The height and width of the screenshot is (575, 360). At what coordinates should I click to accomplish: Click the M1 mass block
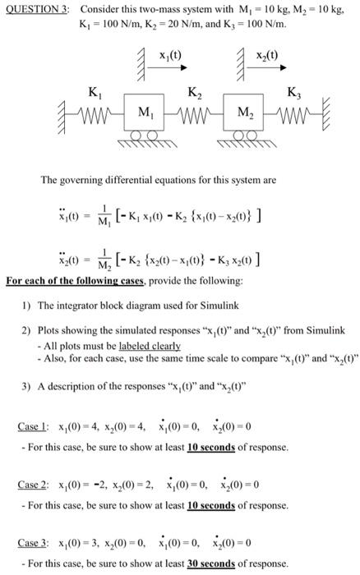[x=143, y=112]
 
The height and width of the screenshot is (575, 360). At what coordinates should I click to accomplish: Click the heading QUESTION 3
[x=36, y=7]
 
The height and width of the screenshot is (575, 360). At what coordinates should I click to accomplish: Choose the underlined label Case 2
[x=35, y=485]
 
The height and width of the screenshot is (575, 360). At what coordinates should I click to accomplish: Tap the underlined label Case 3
[x=35, y=543]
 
